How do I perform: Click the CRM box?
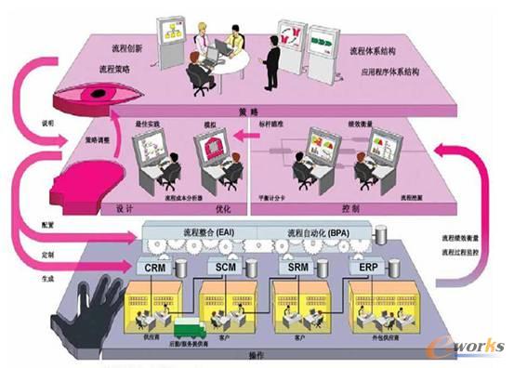coord(155,267)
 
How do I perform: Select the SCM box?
coord(226,267)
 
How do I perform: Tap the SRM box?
coord(297,267)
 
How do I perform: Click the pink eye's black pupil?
coord(95,93)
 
